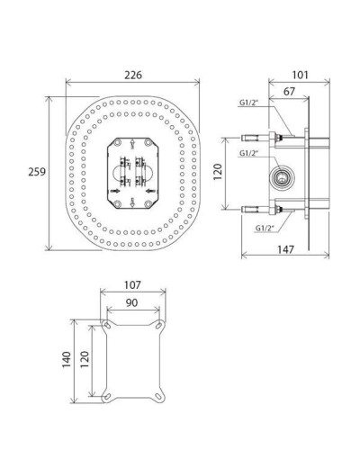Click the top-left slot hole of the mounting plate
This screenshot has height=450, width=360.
tap(109, 324)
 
